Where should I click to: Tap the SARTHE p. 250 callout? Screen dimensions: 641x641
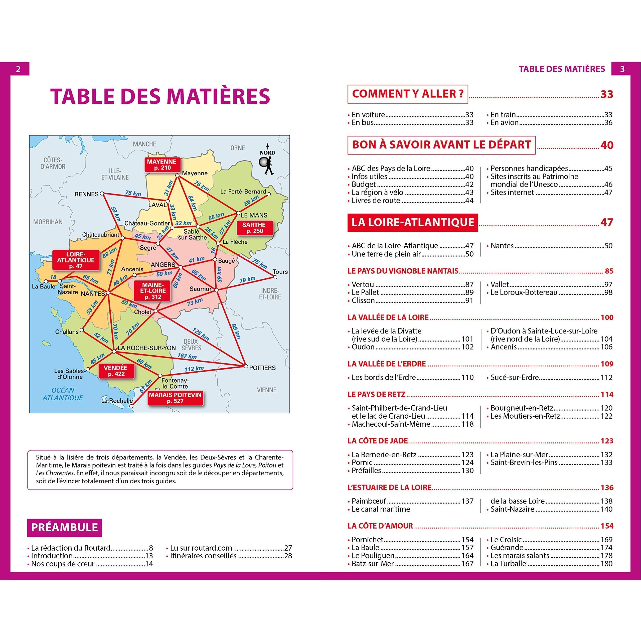[254, 228]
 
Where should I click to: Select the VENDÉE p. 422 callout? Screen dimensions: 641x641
[116, 371]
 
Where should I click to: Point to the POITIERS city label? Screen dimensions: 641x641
[262, 368]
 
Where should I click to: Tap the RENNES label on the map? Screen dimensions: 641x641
[86, 194]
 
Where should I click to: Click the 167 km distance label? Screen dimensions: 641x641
[187, 356]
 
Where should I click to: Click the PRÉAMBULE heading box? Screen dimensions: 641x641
[64, 528]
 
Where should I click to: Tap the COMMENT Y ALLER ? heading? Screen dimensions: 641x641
[407, 94]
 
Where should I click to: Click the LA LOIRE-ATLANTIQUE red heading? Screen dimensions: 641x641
[412, 222]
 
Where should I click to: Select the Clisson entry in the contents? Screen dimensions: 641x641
[363, 300]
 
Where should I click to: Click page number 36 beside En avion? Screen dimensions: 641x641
[608, 123]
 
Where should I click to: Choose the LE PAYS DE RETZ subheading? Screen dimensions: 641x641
[376, 394]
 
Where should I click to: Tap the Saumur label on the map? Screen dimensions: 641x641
[200, 289]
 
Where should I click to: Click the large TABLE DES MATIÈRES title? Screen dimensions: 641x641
[160, 97]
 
